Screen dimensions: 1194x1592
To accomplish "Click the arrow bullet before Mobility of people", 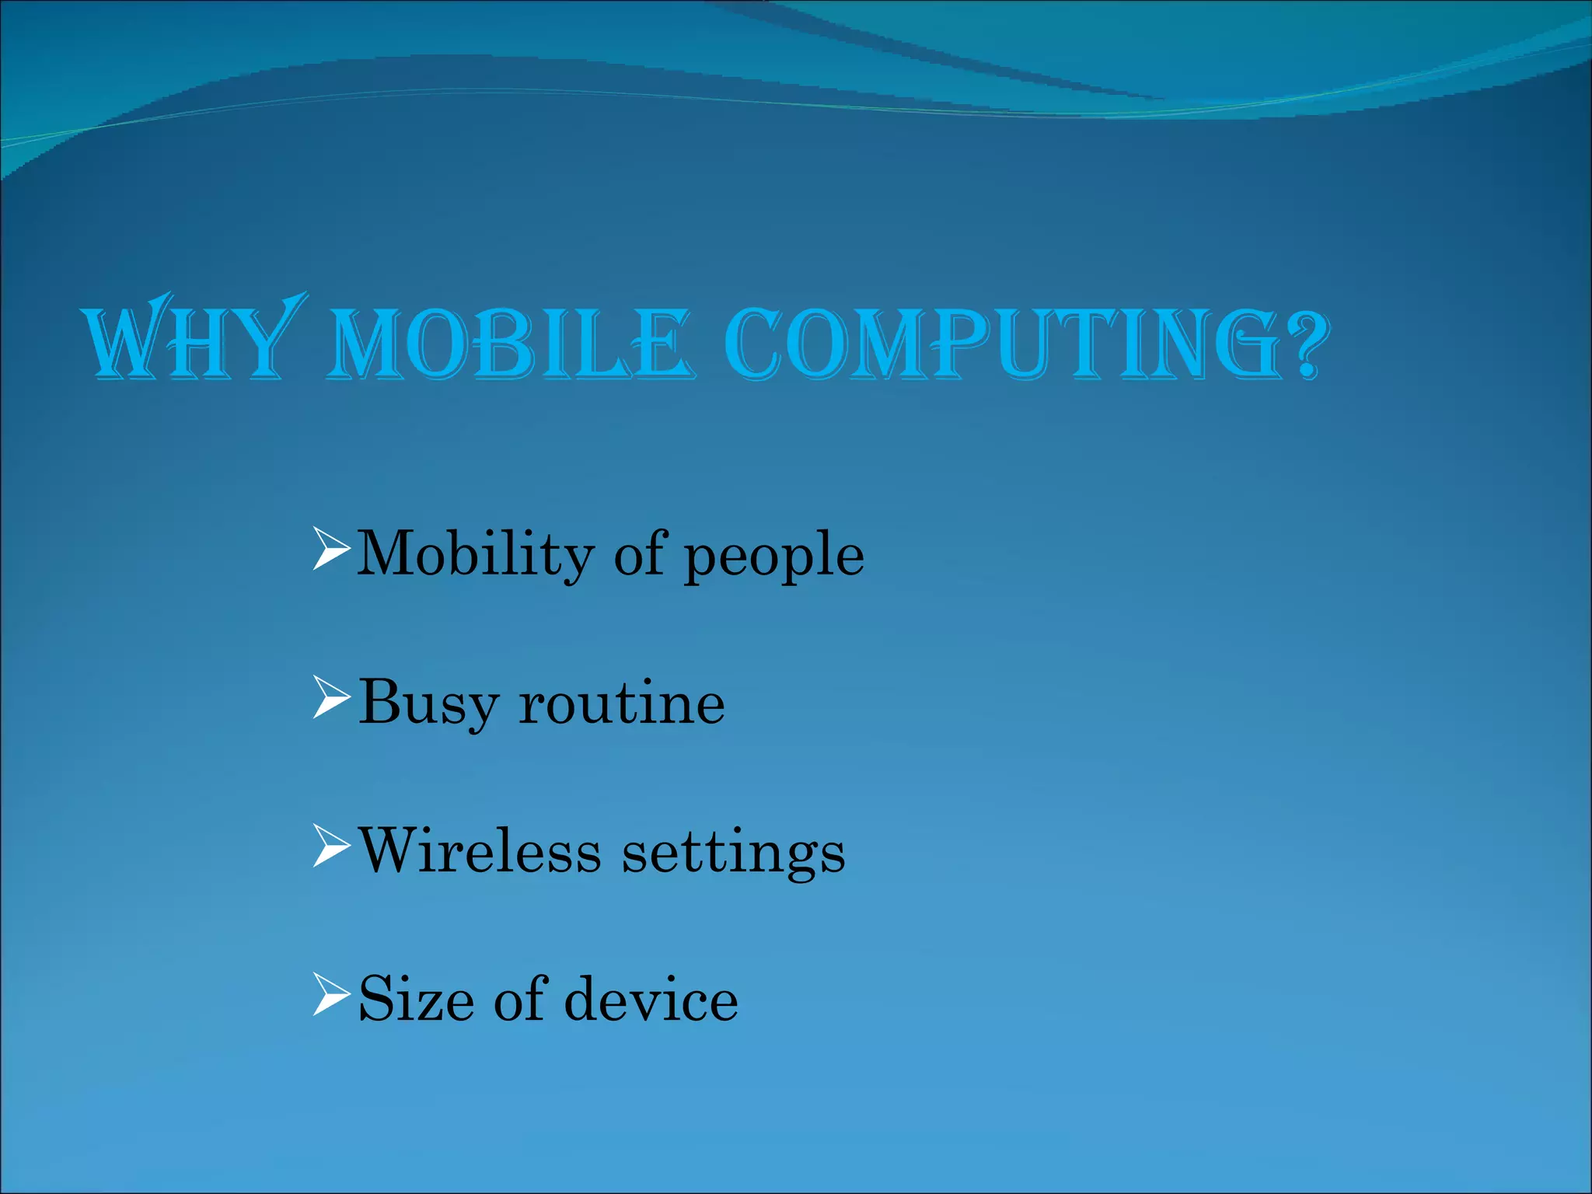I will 330,549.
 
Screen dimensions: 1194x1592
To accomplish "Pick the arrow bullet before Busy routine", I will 330,697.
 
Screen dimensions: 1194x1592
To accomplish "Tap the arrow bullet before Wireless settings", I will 330,846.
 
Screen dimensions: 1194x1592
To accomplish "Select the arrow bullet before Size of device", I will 330,994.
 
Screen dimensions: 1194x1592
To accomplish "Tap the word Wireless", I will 480,851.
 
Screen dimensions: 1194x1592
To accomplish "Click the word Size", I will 416,1000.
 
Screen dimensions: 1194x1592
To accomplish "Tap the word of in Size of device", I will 520,999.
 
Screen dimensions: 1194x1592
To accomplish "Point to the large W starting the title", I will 128,340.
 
